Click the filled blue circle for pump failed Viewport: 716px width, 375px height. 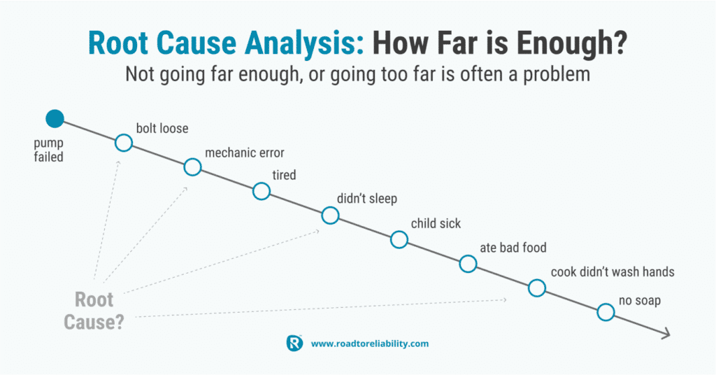55,119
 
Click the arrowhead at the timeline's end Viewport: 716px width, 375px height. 668,334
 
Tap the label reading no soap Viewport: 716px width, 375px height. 640,301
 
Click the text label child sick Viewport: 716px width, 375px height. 436,223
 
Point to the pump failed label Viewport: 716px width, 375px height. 48,150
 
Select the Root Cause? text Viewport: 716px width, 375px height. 94,311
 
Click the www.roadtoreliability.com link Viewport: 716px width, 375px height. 370,344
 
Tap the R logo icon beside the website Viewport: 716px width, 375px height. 294,343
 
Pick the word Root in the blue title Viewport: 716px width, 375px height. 118,43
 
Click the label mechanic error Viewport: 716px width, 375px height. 245,153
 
